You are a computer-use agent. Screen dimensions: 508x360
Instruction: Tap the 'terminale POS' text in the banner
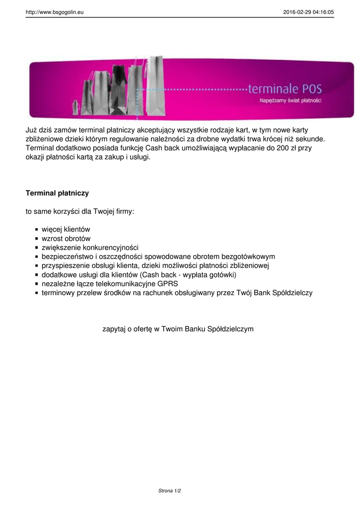pos(285,89)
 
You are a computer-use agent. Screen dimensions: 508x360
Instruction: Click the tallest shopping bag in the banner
pos(155,84)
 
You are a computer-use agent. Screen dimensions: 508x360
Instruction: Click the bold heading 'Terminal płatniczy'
pos(57,192)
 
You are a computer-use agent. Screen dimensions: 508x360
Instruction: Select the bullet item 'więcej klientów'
pos(66,230)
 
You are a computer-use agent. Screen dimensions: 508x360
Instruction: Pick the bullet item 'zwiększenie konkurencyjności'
pos(90,248)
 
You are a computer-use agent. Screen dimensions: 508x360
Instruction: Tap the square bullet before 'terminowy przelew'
pos(37,293)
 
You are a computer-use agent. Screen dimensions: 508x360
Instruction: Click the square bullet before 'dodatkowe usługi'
pos(37,275)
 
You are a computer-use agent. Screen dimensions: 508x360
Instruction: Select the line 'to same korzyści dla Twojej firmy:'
pos(80,211)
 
